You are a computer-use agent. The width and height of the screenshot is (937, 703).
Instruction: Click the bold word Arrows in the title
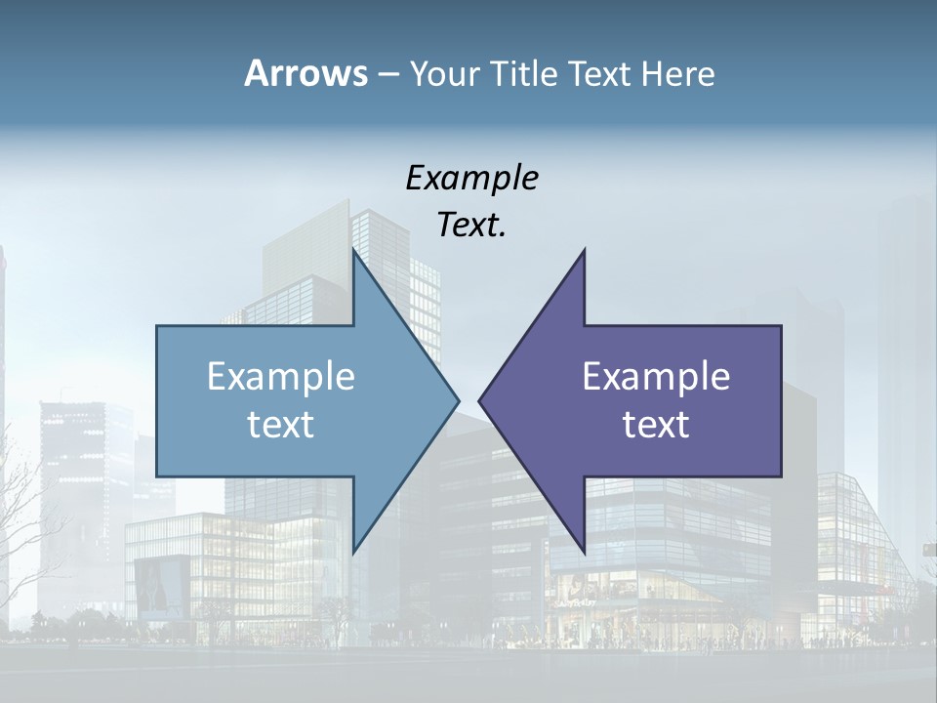click(x=305, y=73)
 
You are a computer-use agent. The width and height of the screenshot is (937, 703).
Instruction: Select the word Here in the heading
click(x=677, y=73)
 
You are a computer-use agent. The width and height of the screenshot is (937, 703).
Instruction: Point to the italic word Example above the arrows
click(x=471, y=178)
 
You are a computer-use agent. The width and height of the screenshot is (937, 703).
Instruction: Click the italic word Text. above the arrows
click(x=471, y=225)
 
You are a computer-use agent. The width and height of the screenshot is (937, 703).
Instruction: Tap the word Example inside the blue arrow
click(x=281, y=376)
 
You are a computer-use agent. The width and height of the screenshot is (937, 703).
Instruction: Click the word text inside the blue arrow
click(x=281, y=424)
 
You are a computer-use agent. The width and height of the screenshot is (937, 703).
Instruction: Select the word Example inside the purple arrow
click(x=656, y=376)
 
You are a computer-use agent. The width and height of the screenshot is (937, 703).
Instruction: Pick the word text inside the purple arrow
click(x=656, y=424)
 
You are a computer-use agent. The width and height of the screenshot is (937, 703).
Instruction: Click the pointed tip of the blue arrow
click(x=458, y=399)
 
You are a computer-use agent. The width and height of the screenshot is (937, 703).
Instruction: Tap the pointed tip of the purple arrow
click(x=479, y=399)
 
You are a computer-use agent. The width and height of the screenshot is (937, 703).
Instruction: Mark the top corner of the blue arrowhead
click(x=353, y=250)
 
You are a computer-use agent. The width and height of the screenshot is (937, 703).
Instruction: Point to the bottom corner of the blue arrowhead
click(x=353, y=551)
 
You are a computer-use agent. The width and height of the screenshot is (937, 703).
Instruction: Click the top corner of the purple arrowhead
click(x=584, y=250)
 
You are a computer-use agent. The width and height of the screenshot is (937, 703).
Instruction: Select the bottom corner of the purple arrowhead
click(x=584, y=551)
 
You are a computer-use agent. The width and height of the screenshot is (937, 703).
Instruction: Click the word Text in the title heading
click(x=602, y=73)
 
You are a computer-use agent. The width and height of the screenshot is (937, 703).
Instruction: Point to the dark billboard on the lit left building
click(x=162, y=586)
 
